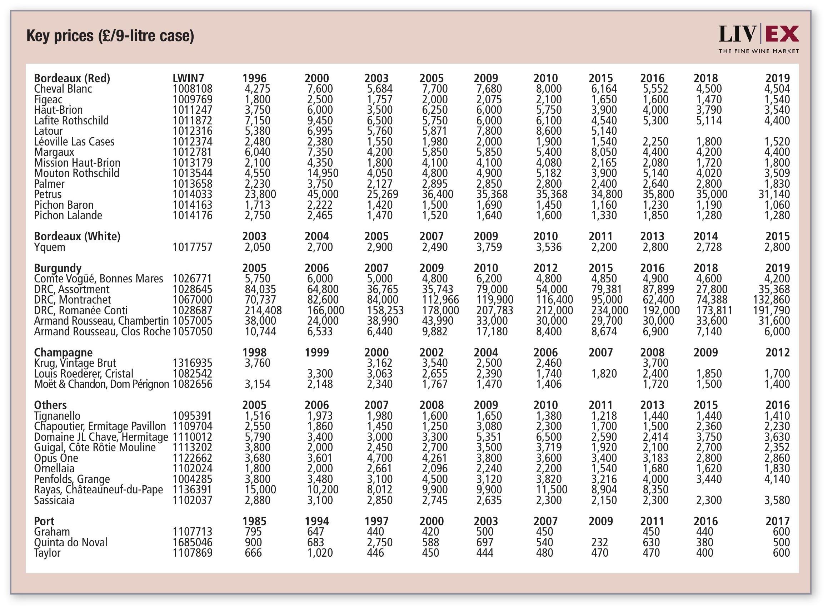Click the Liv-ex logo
(758, 39)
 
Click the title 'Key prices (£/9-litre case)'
(110, 36)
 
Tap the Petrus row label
(48, 194)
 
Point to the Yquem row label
(50, 247)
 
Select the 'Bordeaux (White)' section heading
(77, 236)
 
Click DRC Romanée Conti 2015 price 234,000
(609, 310)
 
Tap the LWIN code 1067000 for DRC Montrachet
(192, 300)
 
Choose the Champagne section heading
(63, 353)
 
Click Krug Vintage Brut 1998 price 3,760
(258, 363)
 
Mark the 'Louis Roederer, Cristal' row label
(84, 374)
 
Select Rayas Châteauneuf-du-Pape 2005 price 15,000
(260, 489)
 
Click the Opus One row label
(56, 458)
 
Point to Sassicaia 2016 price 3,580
(777, 500)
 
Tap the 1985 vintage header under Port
(254, 521)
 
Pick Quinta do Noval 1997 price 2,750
(379, 542)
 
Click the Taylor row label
(47, 553)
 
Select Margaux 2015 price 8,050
(604, 152)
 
